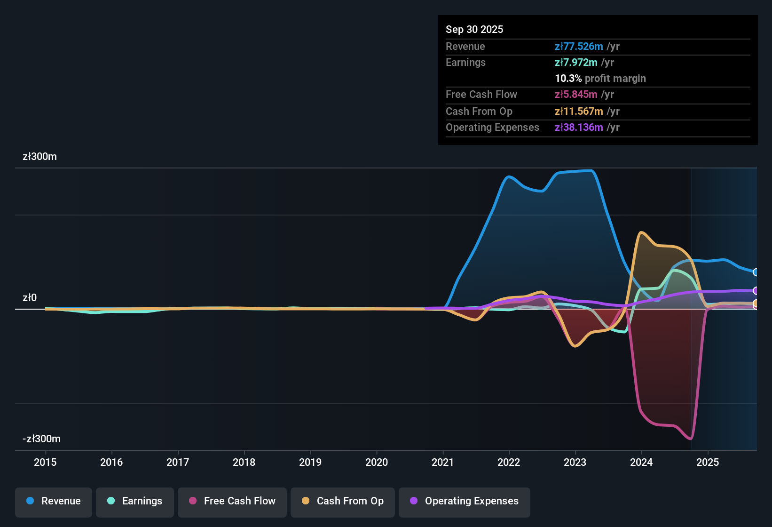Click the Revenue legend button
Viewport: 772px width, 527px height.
point(54,501)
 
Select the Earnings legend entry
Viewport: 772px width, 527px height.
point(135,501)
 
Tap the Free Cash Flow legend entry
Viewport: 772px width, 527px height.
point(232,501)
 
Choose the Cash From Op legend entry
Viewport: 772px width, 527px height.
point(343,501)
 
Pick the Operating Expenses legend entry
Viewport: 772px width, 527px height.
point(465,501)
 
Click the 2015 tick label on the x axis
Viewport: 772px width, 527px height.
point(45,462)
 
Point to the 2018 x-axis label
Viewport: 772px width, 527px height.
point(244,462)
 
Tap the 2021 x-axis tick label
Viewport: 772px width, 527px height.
point(443,462)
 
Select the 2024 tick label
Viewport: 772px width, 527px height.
point(641,462)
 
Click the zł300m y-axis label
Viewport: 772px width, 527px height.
point(39,157)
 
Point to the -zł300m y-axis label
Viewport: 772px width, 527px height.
point(41,439)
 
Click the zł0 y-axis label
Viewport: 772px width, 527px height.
point(30,298)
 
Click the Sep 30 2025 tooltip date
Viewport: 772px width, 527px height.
point(474,29)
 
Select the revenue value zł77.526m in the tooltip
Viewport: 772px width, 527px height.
point(579,46)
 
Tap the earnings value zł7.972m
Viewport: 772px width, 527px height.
point(576,62)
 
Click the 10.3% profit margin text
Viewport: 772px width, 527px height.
point(600,78)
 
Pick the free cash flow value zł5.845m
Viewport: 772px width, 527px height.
point(576,94)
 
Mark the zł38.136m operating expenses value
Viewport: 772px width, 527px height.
point(579,127)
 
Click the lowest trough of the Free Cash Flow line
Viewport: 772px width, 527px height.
point(690,439)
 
